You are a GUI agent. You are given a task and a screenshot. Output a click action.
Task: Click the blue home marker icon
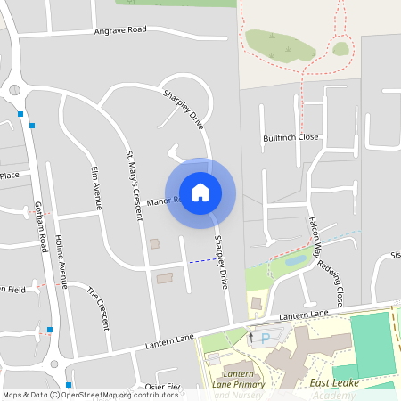click(200, 192)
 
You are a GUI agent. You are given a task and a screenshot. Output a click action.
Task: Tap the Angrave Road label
click(120, 30)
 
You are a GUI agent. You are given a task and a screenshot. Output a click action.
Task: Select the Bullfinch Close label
click(291, 138)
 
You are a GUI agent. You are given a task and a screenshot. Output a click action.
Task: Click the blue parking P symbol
click(265, 339)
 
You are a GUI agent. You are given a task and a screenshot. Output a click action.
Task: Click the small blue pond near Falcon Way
click(295, 261)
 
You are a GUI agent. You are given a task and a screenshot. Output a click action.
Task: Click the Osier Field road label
click(162, 387)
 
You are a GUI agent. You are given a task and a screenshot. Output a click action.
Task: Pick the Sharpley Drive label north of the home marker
click(183, 108)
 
